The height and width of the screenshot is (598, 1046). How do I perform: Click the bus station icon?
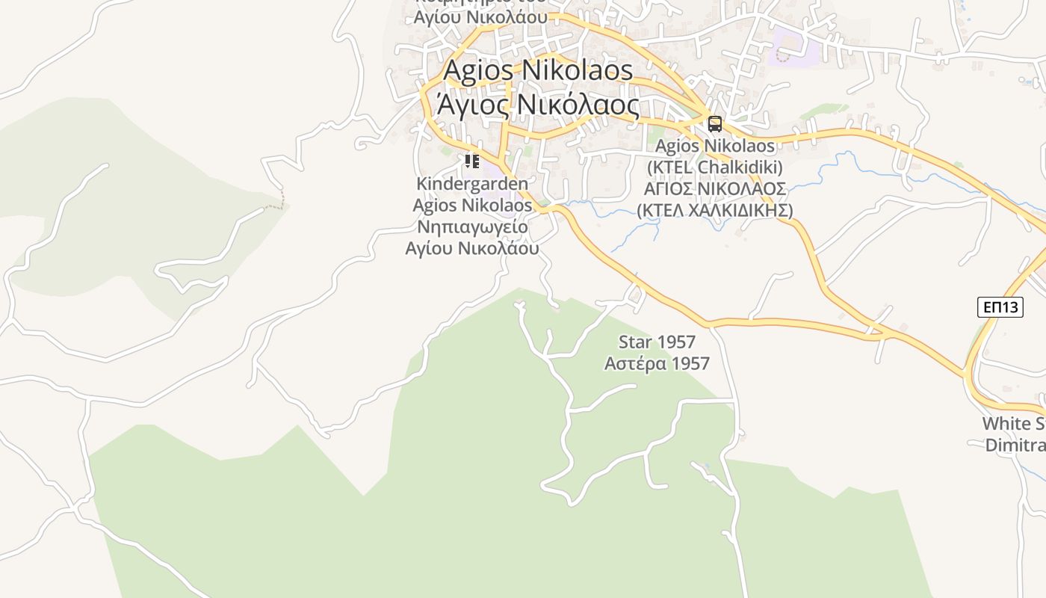715,124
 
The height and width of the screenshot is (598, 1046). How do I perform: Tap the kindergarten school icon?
471,161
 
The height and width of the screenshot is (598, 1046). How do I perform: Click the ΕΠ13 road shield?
1000,306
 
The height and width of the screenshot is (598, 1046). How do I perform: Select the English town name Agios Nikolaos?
538,71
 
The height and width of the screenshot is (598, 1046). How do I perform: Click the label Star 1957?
657,342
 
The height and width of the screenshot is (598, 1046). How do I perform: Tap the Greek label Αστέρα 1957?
657,364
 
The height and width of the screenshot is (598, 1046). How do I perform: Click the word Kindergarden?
472,184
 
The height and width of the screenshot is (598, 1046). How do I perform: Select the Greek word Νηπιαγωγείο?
472,226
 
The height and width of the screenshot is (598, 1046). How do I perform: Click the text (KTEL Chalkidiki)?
715,167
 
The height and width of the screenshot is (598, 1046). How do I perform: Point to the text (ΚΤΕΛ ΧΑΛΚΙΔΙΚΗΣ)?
715,210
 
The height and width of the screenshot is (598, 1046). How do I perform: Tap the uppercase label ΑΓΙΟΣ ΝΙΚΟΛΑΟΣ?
715,188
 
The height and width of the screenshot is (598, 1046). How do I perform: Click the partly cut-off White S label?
1013,424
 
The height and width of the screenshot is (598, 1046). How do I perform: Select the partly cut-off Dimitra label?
1015,446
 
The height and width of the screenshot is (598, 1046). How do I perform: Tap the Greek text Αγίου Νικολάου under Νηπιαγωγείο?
472,248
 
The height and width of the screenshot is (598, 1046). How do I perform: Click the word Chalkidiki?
740,167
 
